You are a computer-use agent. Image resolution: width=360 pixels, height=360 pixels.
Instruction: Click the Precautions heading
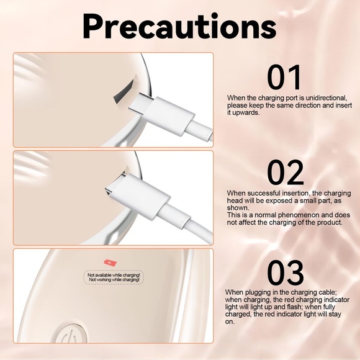click(x=179, y=27)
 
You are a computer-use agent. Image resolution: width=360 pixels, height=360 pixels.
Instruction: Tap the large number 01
click(x=284, y=78)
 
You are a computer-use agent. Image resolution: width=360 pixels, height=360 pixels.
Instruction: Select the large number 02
click(x=286, y=173)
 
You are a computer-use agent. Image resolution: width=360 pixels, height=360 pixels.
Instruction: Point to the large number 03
click(x=286, y=272)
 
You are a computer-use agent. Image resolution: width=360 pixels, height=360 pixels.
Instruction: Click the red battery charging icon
click(x=110, y=263)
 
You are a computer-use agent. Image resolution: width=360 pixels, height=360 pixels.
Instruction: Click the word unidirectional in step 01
click(x=325, y=98)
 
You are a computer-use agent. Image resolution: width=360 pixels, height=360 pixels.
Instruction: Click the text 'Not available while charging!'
click(x=114, y=275)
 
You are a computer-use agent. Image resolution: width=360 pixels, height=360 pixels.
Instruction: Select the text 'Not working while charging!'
click(x=114, y=280)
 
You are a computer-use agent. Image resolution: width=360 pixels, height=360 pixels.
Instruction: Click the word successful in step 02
click(x=264, y=193)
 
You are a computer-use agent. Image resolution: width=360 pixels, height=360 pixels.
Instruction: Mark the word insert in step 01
click(x=343, y=106)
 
